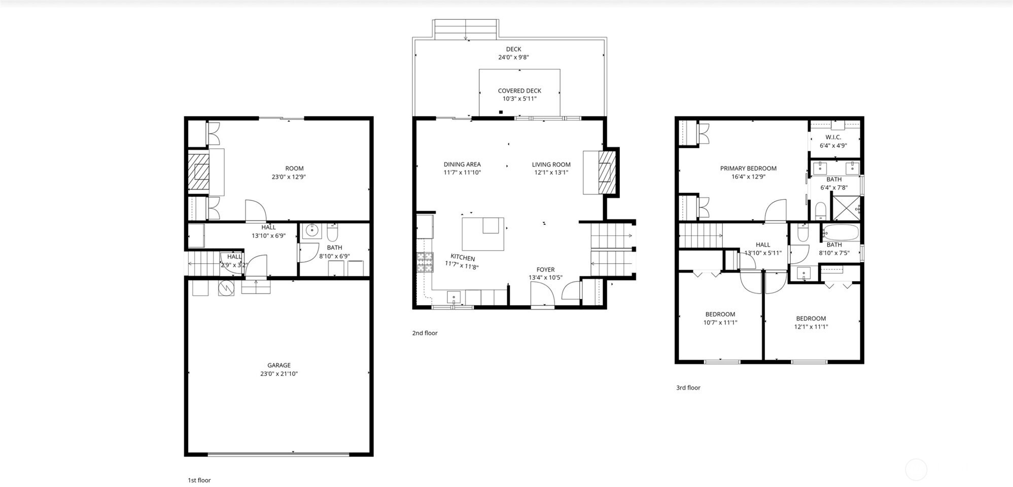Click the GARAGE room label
click(279, 365)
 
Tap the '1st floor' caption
click(199, 480)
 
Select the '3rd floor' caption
click(688, 388)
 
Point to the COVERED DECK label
click(519, 91)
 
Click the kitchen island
click(483, 234)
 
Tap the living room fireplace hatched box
click(605, 172)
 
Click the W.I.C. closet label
click(833, 137)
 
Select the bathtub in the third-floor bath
click(841, 233)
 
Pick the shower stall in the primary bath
click(846, 208)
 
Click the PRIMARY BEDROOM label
click(748, 168)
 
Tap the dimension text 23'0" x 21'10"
click(279, 374)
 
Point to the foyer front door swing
click(542, 294)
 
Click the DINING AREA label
click(462, 164)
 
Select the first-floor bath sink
click(312, 231)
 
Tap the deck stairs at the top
click(466, 29)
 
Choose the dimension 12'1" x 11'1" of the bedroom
click(811, 327)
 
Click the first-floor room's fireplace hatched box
click(199, 172)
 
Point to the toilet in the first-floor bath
click(333, 232)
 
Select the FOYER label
click(546, 270)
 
